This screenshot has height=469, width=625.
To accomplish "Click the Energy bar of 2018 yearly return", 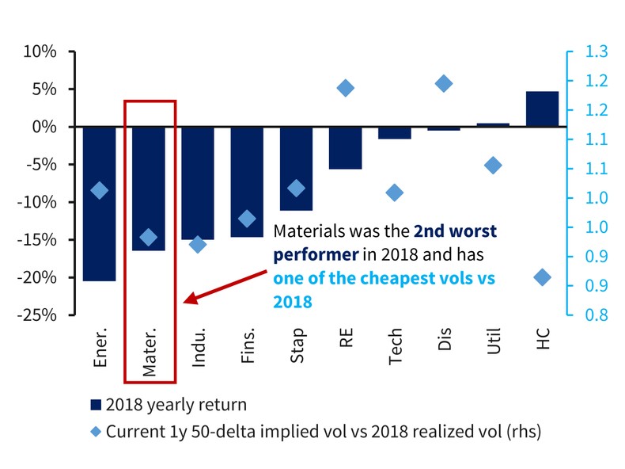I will (99, 204).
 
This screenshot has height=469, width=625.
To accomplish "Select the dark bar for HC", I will (542, 109).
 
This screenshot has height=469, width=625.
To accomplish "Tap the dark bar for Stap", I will (296, 168).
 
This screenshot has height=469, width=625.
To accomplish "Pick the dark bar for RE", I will (345, 147).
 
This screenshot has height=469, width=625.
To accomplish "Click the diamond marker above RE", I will (345, 88).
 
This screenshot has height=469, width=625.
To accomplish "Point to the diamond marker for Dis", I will (444, 83).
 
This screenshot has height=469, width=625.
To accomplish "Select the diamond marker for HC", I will (542, 277).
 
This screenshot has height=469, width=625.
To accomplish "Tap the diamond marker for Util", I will (493, 166).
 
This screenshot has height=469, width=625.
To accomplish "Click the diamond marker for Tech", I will (395, 193).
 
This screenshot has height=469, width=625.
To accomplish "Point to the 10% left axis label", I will (41, 52).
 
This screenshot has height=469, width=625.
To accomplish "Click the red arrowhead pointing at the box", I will (188, 299).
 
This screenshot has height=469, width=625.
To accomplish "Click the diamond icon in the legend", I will (97, 432).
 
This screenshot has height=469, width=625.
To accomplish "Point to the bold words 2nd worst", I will (455, 232).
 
